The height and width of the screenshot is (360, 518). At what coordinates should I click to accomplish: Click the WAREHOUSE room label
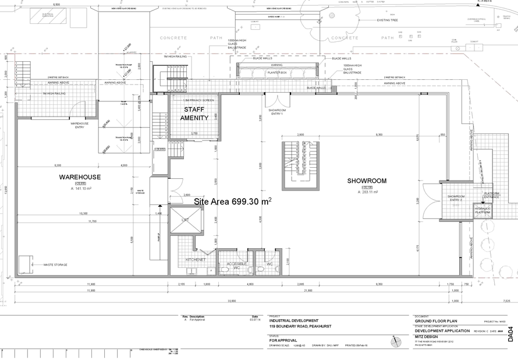(x=80, y=177)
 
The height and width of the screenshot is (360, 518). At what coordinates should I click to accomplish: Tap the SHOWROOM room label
(x=367, y=181)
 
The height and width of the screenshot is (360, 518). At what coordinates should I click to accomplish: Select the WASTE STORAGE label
(x=55, y=265)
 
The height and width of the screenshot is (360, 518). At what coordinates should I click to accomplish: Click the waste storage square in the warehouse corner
(x=25, y=264)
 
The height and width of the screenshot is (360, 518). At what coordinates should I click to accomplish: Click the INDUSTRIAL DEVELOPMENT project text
(x=293, y=321)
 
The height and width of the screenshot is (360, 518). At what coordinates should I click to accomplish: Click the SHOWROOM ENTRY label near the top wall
(x=277, y=110)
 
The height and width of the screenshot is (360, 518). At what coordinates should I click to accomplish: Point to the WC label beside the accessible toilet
(x=269, y=263)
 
